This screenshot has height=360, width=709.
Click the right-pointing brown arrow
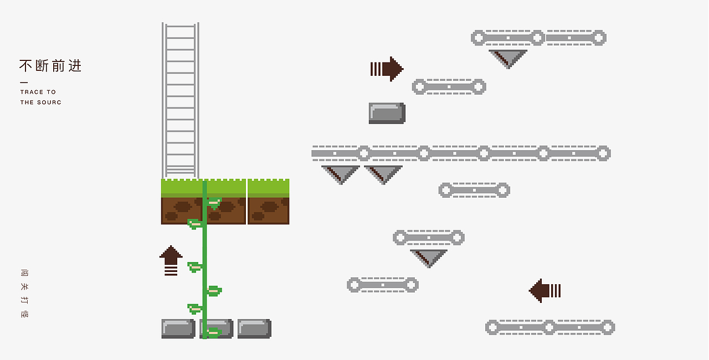tap(387, 69)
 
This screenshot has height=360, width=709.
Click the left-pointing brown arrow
tap(545, 290)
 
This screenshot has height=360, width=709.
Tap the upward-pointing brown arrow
tap(171, 260)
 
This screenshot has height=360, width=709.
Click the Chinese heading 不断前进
tap(50, 66)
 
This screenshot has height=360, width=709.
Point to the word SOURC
tap(50, 102)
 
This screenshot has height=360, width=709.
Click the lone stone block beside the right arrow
tap(387, 113)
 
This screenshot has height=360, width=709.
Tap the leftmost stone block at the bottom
tap(178, 328)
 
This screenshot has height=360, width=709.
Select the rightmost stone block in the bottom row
tap(254, 328)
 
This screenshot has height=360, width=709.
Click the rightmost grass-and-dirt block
tap(269, 202)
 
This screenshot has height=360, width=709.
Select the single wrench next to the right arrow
tap(449, 86)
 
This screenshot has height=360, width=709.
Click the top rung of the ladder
tap(181, 27)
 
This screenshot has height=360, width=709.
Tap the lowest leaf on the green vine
tap(213, 332)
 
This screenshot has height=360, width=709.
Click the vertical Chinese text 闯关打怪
tap(24, 294)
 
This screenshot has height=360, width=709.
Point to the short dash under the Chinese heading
tap(24, 83)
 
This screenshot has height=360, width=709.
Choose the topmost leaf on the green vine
tap(214, 203)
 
